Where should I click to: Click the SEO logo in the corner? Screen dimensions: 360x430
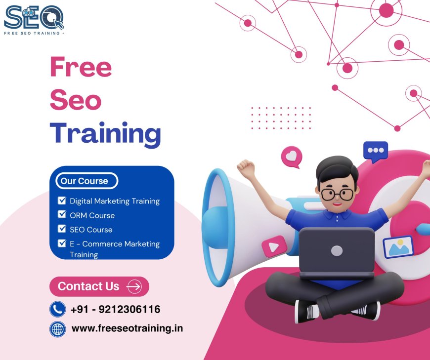click(x=34, y=19)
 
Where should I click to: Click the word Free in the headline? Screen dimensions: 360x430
click(x=81, y=68)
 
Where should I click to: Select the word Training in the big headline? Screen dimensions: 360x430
click(x=105, y=133)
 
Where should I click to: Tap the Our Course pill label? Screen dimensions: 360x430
click(x=85, y=181)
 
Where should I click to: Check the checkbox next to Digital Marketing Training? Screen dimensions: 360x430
click(x=62, y=200)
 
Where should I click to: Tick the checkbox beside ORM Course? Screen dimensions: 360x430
click(x=62, y=214)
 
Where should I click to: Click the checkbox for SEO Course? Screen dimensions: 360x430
click(x=62, y=229)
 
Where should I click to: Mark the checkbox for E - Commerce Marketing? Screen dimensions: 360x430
click(x=62, y=243)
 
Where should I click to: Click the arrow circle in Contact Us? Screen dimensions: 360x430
click(x=134, y=286)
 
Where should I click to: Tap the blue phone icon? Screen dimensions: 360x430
click(x=58, y=310)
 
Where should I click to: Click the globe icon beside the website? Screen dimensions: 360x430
click(x=58, y=329)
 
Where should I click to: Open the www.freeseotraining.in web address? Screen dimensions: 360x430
click(x=127, y=328)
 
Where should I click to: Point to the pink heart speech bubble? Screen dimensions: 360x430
click(x=292, y=157)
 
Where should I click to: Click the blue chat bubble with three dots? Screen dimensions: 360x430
click(x=376, y=151)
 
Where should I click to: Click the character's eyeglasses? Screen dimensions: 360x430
click(x=337, y=193)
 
